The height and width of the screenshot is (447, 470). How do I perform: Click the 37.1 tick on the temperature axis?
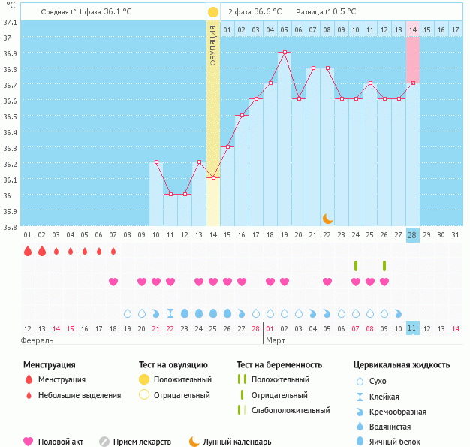click(x=10, y=22)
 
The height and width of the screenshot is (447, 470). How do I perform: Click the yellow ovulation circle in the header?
click(x=213, y=12)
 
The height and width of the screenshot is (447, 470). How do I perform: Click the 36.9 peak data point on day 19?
click(x=285, y=53)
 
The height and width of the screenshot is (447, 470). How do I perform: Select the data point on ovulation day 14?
click(x=213, y=178)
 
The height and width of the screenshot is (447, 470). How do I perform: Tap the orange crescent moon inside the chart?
click(x=327, y=218)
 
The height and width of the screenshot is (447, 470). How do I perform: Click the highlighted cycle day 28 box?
click(x=412, y=234)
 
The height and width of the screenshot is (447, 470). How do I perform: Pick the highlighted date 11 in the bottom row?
click(x=412, y=328)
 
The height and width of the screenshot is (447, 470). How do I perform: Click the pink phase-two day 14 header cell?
click(x=413, y=29)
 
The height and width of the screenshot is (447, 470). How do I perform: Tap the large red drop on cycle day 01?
click(x=27, y=251)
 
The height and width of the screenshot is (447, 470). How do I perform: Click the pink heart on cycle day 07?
click(x=113, y=282)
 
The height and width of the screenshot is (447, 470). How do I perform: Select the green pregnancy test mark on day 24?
click(x=356, y=266)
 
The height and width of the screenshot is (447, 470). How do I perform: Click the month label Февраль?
click(x=38, y=340)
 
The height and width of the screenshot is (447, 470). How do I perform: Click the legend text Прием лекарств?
click(x=141, y=442)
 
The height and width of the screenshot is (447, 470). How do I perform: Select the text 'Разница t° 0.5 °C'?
click(x=326, y=12)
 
